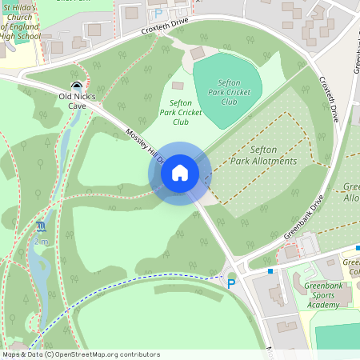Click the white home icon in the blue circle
point(179,172)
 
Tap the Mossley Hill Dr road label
point(144,146)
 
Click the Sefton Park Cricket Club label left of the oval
point(179,112)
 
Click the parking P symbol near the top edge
point(158,13)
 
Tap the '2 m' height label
point(41,241)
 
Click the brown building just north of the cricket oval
point(197,52)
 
